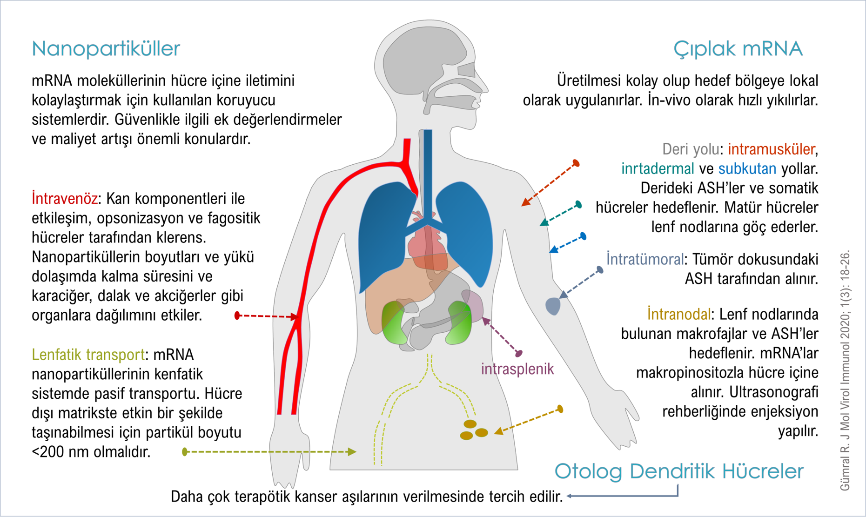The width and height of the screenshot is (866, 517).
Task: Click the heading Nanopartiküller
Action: click(106, 49)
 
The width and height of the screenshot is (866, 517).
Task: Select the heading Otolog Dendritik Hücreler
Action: click(679, 471)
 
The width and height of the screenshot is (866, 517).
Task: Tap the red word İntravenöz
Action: click(65, 199)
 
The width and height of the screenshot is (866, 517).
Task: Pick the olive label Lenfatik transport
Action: click(88, 355)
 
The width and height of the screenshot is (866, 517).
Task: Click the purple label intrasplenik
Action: click(517, 369)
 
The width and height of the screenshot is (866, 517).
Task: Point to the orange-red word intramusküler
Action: click(772, 149)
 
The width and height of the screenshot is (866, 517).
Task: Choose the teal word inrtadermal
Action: click(658, 169)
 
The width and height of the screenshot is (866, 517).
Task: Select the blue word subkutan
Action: click(747, 169)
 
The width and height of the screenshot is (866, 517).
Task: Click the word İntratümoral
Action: click(645, 259)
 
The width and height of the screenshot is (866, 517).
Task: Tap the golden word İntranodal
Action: click(679, 314)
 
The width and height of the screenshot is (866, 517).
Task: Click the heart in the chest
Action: click(426, 242)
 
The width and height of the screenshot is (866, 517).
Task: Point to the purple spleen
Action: click(472, 305)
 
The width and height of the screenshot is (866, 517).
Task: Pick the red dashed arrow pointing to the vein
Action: click(267, 316)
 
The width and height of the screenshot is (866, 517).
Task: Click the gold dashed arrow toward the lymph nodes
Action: click(529, 421)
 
